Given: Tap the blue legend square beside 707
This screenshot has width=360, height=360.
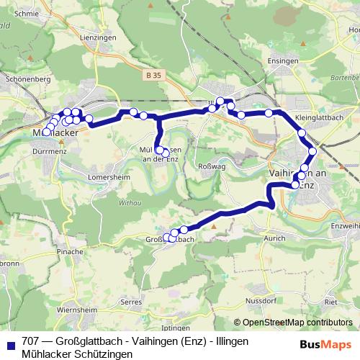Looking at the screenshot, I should pyautogui.click(x=10, y=342).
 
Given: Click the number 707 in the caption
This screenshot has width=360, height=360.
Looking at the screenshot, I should pyautogui.click(x=30, y=341).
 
